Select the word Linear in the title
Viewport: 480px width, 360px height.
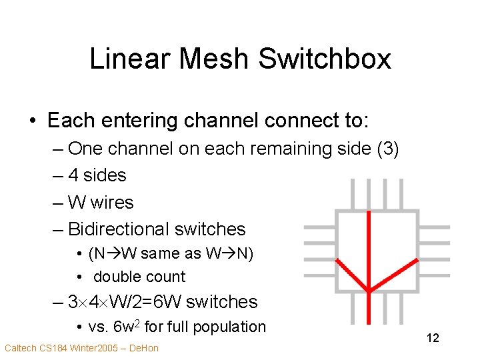coord(131,59)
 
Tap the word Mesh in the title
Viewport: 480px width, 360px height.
coord(212,59)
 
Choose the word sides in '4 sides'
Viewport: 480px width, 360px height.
coord(105,175)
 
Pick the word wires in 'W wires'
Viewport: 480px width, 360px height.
coord(112,202)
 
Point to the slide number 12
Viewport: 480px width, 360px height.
coord(433,338)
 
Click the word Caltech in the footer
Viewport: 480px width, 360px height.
coord(19,348)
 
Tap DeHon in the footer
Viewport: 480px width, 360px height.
coord(145,348)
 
